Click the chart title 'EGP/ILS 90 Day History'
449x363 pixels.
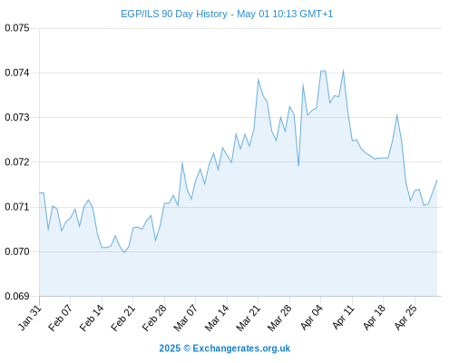[x=174, y=14]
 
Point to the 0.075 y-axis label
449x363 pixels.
[x=17, y=28]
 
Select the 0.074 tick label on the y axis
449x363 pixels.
[x=17, y=73]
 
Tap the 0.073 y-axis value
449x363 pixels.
[x=17, y=117]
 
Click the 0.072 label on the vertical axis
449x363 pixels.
[x=17, y=162]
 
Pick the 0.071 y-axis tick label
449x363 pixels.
[x=17, y=207]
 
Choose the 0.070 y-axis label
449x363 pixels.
[x=17, y=251]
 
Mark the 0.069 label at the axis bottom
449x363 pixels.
[x=17, y=296]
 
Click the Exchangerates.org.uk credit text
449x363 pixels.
[x=241, y=348]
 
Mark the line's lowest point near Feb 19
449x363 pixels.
[x=124, y=252]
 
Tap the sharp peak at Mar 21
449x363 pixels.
[x=259, y=79]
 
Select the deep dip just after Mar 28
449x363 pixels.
[x=298, y=166]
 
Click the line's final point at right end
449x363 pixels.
[x=437, y=181]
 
